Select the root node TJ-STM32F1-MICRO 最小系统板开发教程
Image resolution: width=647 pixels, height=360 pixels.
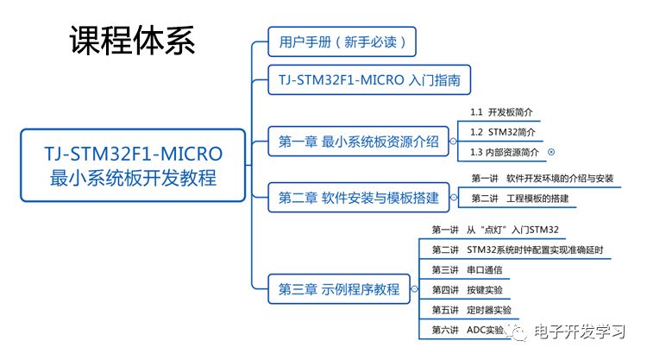pos(134,165)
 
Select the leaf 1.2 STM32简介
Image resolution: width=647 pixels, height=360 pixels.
pos(502,132)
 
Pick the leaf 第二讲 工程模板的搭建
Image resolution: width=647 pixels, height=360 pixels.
pos(524,199)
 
